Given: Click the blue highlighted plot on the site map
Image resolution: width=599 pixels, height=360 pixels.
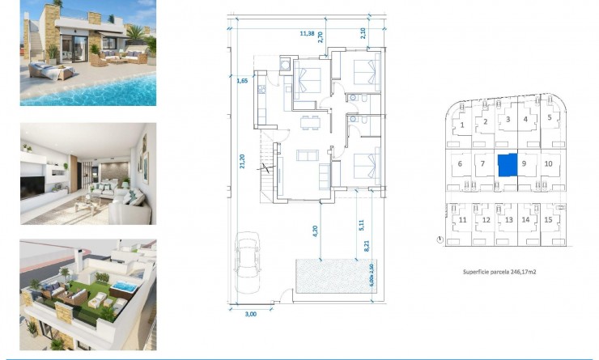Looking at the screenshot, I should tap(506, 165).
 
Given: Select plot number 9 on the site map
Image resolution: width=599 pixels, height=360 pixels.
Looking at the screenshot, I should tap(525, 163).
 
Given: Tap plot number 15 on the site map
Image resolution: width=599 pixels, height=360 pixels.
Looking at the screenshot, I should tap(548, 219).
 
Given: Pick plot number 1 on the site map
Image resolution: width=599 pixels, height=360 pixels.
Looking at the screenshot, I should tap(461, 125).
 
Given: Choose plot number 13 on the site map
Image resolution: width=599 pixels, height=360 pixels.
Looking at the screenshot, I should tap(508, 219).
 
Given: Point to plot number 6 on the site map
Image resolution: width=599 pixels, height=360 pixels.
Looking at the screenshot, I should tap(460, 163).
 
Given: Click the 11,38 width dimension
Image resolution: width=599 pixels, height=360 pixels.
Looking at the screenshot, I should tap(307, 34).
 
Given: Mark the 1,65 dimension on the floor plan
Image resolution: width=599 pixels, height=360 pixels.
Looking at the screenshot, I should tap(241, 81).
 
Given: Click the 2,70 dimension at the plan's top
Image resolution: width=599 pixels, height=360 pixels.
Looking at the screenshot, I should tap(321, 37).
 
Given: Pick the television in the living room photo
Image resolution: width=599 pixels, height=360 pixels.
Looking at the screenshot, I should tap(39, 183).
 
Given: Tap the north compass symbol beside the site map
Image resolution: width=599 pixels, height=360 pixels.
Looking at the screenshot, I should tap(439, 239).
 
